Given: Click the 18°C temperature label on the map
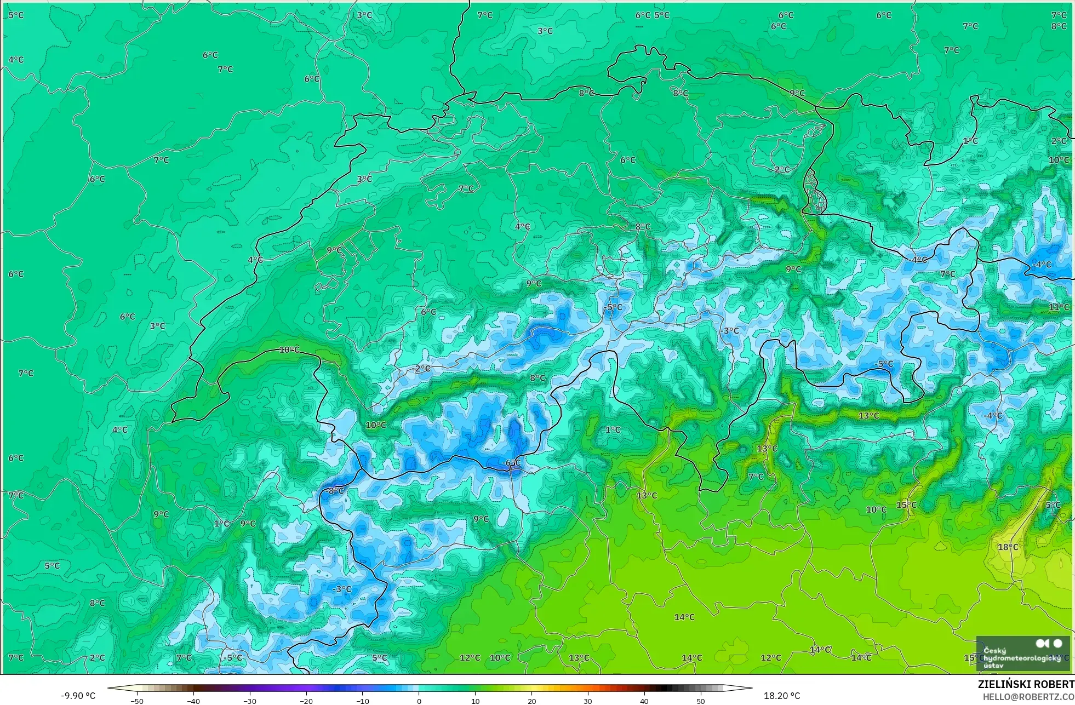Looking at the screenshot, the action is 1008,547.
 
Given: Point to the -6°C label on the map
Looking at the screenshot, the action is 511,463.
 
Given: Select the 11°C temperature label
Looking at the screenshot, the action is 1059,307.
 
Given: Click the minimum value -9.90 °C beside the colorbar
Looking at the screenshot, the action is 78,696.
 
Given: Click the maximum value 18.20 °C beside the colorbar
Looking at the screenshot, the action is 782,696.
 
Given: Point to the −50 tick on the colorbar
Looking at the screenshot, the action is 137,701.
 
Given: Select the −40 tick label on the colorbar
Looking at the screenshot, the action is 193,701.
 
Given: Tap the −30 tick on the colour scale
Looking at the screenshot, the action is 250,701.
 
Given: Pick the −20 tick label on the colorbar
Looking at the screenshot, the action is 306,701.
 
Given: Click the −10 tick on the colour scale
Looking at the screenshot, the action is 363,701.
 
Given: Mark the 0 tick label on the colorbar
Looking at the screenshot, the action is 419,701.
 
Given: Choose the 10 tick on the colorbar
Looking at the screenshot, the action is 475,701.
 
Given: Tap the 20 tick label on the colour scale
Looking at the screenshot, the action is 531,701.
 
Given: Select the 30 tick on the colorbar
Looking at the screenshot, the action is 588,701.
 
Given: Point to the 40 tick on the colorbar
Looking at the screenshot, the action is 644,701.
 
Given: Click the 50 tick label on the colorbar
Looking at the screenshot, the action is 701,701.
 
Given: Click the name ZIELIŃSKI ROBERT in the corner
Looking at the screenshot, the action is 1026,684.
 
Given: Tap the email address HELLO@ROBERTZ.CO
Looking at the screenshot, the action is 1028,697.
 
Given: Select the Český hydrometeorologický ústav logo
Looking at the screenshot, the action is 1022,654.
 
